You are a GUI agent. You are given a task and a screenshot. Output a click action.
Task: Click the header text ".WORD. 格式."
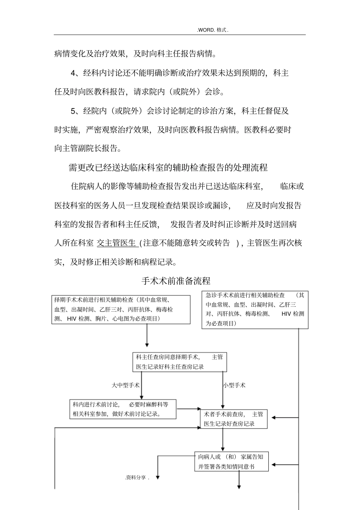213,30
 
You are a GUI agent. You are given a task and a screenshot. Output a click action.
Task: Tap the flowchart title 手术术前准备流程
176,281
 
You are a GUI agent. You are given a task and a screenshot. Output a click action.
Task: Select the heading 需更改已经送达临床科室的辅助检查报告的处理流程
168,167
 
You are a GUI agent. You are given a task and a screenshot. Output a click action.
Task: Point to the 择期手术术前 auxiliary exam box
121,309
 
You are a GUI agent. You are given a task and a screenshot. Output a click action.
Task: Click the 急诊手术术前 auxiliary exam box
255,309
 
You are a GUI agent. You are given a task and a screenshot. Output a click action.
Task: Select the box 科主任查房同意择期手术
180,362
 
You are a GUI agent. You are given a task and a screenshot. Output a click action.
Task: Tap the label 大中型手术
125,385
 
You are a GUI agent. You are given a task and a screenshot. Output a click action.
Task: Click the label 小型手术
234,385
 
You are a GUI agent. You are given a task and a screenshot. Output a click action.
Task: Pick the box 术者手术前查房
233,419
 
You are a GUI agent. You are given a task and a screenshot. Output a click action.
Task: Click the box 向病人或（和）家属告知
231,461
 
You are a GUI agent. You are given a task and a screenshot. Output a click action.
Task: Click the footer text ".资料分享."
137,478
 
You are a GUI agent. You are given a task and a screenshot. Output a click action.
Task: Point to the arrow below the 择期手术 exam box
147,336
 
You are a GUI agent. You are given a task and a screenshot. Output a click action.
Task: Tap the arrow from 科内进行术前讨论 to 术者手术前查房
188,409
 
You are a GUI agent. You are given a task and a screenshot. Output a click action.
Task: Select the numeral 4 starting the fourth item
74,73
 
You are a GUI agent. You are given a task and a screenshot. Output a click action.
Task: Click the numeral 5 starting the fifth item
74,111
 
